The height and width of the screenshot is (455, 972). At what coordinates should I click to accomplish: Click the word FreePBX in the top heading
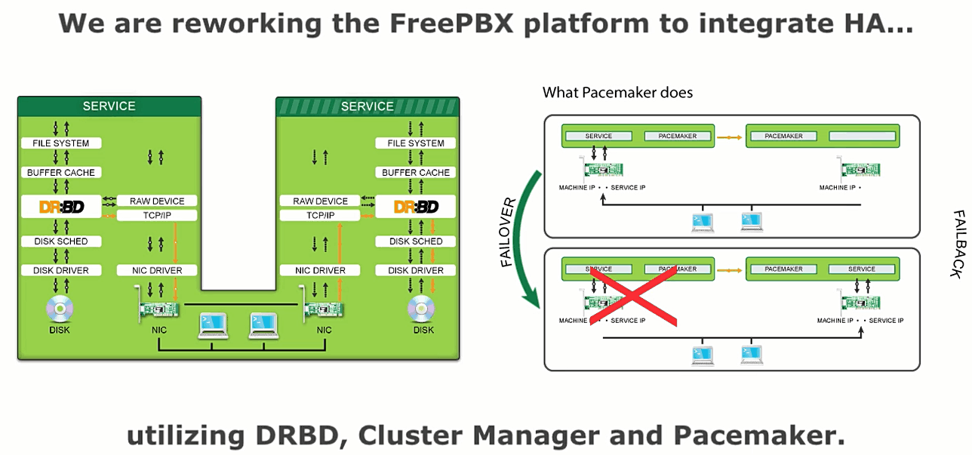tap(451, 23)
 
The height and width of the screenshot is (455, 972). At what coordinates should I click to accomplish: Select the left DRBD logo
tap(61, 206)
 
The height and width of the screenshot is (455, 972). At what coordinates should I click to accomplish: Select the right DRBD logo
tap(416, 206)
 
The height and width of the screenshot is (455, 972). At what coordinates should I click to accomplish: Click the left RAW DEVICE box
tap(157, 201)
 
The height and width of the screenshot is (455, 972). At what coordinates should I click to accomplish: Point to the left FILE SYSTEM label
tap(61, 143)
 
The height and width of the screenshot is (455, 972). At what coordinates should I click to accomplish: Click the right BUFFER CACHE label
tap(416, 173)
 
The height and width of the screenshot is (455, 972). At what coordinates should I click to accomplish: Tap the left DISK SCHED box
tap(61, 241)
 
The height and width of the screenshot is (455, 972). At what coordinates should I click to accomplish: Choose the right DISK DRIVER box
tap(416, 270)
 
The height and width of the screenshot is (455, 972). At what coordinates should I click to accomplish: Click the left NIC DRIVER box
tap(157, 270)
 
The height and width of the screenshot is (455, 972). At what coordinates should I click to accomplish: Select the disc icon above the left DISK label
tap(61, 308)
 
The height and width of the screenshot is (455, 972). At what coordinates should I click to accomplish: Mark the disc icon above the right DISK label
tap(423, 308)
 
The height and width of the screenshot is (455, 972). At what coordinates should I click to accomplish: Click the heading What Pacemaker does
tap(617, 93)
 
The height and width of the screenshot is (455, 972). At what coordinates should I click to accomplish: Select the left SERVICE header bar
tap(109, 106)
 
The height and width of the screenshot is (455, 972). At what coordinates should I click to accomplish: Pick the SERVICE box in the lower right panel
tap(861, 269)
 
